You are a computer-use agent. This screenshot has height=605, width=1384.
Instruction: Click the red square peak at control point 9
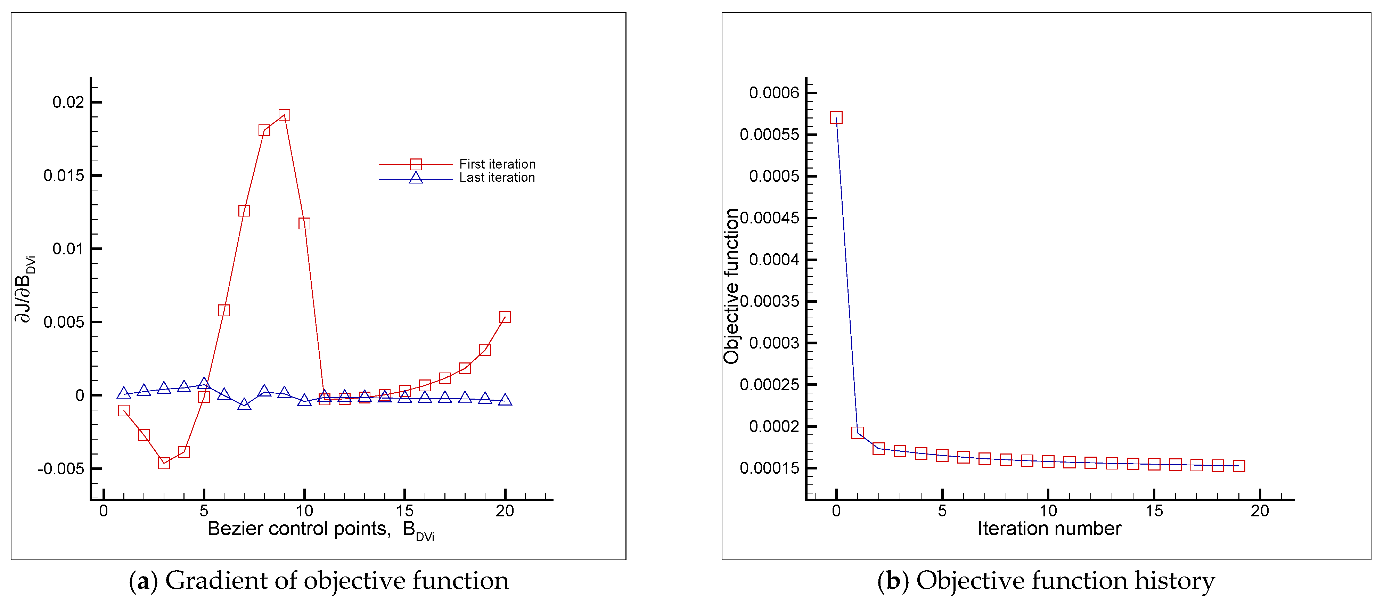284,115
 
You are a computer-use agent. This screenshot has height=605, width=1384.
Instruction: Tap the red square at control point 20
505,317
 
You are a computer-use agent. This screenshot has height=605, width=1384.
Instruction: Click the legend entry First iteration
497,164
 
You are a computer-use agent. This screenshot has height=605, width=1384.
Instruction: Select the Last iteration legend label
497,178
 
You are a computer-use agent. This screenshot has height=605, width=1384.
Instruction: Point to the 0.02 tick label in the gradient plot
68,102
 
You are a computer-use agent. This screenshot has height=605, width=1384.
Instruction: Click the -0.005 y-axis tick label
61,468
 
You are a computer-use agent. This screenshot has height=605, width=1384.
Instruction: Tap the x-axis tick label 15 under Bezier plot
404,511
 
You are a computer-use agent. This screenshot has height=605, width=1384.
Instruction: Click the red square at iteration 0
836,118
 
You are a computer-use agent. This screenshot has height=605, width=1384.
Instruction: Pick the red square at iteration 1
858,433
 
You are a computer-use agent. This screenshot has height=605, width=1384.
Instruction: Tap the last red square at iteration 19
1238,466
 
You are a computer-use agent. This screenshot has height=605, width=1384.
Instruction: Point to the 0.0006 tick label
774,93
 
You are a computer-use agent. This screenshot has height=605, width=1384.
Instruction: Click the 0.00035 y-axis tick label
769,301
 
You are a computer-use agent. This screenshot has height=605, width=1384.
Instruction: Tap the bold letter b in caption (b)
892,581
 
